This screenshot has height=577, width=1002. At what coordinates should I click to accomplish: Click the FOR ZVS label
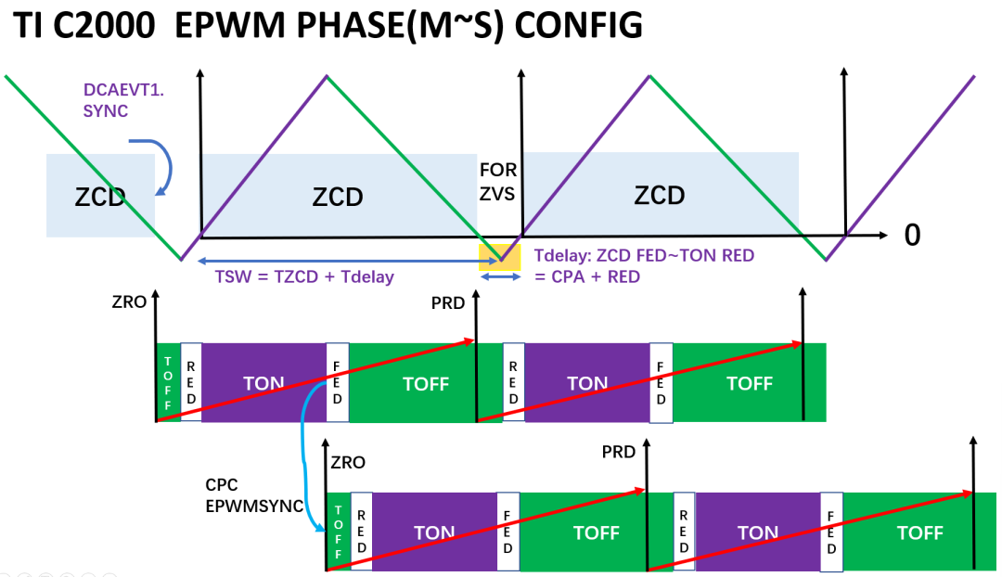tap(498, 184)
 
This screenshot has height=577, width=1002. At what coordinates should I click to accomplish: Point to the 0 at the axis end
tap(912, 236)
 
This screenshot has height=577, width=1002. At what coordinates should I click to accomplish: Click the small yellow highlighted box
tap(494, 254)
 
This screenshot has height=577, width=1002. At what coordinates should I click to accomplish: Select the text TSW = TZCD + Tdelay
tap(297, 277)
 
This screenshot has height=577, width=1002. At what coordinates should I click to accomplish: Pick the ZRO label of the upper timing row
tap(127, 302)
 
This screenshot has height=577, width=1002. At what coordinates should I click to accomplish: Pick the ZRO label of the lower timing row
tap(348, 462)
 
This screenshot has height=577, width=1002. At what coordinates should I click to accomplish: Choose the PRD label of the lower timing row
tap(619, 453)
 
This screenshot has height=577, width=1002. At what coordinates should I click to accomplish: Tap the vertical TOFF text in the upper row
tap(168, 383)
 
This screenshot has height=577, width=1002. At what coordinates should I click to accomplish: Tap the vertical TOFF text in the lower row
tap(338, 531)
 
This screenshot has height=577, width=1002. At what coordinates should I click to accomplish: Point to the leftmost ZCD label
tap(99, 196)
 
